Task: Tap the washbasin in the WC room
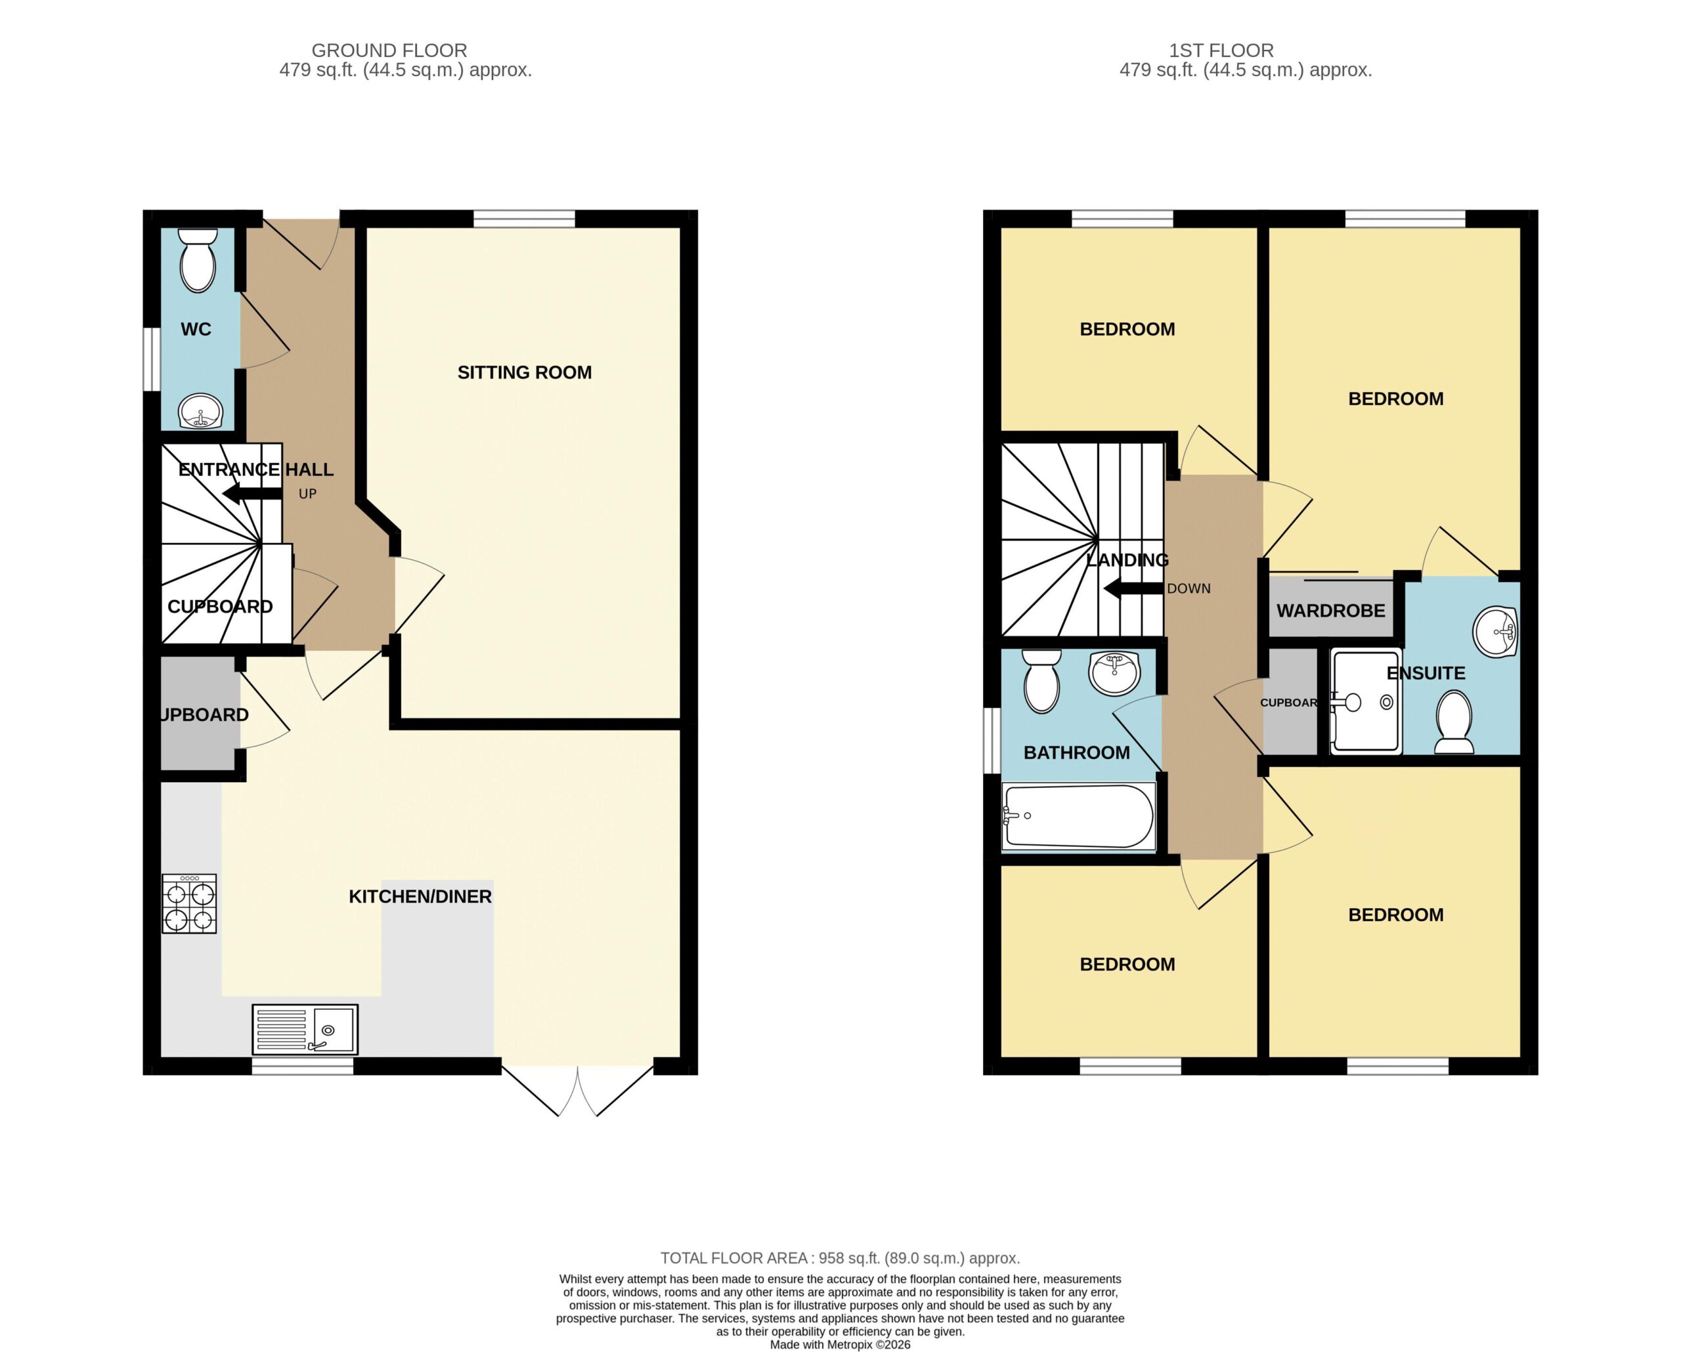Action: coord(201,411)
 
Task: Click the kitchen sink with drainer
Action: coord(305,1029)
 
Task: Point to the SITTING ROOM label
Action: coord(525,373)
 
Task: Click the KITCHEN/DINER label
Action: coord(420,897)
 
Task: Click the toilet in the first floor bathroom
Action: coord(1041,682)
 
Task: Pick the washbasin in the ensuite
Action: coord(1495,632)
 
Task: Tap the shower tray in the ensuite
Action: coord(1366,702)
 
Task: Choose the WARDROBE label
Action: coord(1331,611)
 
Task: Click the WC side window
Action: coord(152,359)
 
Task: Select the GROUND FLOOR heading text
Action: coord(389,51)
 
